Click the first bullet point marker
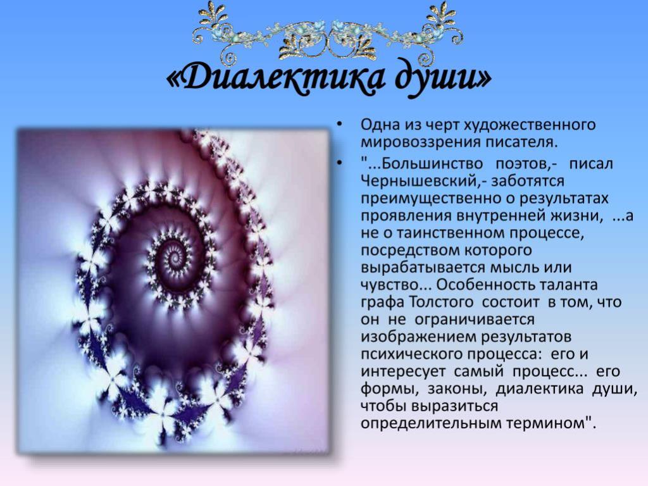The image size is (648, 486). click(340, 124)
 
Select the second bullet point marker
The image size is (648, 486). click(340, 164)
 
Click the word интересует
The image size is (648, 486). click(403, 371)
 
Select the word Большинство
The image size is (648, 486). click(432, 164)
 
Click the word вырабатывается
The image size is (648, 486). click(423, 268)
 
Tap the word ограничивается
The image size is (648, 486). click(474, 320)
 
